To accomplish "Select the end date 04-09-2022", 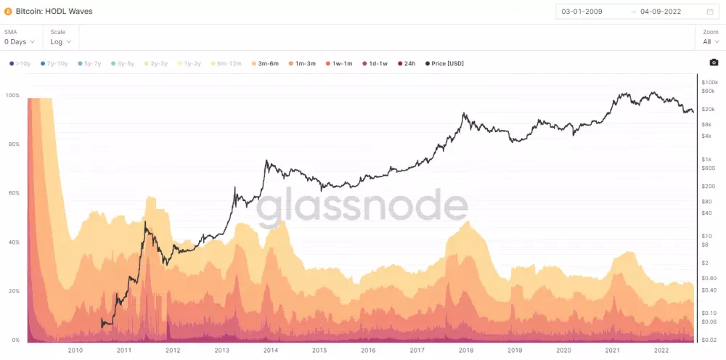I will pyautogui.click(x=661, y=12).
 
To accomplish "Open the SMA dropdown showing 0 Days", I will pyautogui.click(x=19, y=41).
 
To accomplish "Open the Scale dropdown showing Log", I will pyautogui.click(x=61, y=41).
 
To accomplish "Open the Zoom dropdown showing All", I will pyautogui.click(x=710, y=41).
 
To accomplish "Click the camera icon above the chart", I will pyautogui.click(x=714, y=63).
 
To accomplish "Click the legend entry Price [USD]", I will pyautogui.click(x=444, y=64).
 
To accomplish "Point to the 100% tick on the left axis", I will pyautogui.click(x=12, y=95).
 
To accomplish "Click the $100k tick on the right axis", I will pyautogui.click(x=709, y=83).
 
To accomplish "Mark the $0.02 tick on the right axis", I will pyautogui.click(x=709, y=340).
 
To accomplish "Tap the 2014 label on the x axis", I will pyautogui.click(x=271, y=350).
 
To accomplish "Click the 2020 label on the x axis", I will pyautogui.click(x=563, y=350).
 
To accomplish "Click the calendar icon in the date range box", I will pyautogui.click(x=710, y=12).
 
